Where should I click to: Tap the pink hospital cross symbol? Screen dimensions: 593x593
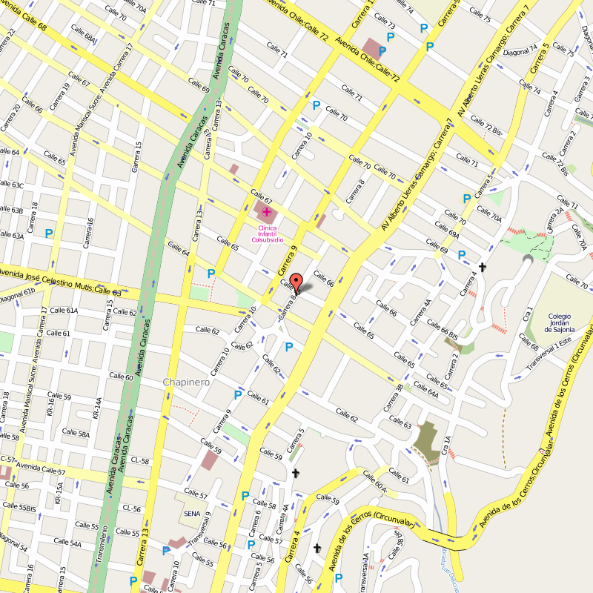[x=266, y=212]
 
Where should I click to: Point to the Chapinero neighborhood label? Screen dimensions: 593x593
[x=186, y=382]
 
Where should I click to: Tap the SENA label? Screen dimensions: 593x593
[x=191, y=512]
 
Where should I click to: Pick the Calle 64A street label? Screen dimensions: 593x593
[x=425, y=390]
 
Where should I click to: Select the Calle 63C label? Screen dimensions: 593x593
[x=12, y=185]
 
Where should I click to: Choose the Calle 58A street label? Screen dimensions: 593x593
[x=76, y=433]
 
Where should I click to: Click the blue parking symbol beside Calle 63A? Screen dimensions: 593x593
[x=49, y=233]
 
